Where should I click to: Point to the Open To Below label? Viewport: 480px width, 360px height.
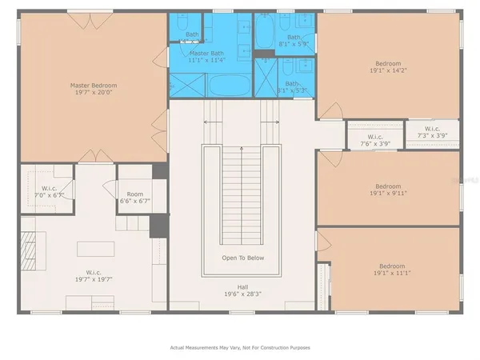click(243, 258)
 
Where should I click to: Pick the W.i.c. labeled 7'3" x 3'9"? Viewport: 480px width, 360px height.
click(431, 133)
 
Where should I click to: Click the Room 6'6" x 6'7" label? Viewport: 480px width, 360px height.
click(135, 198)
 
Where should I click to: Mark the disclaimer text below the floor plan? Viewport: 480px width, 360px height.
click(240, 348)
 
